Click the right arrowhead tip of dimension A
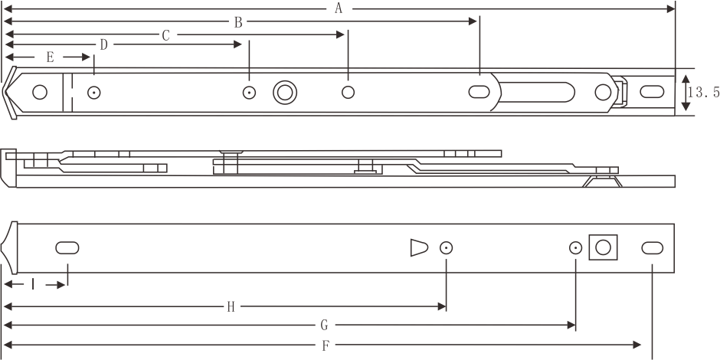click(x=674, y=8)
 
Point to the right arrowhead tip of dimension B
click(x=476, y=21)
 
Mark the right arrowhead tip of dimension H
click(x=446, y=306)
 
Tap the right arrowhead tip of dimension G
click(x=575, y=325)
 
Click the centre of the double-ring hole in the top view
click(x=285, y=92)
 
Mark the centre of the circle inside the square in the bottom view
click(x=603, y=247)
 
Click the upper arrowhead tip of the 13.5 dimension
click(x=686, y=75)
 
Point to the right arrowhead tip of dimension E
click(x=90, y=57)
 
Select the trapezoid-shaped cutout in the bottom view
click(x=419, y=247)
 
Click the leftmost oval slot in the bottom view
click(x=67, y=248)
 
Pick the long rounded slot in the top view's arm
click(x=537, y=92)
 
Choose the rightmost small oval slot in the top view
click(x=652, y=91)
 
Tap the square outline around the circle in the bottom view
click(x=603, y=247)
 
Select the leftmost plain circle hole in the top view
click(x=40, y=92)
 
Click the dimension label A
click(x=339, y=8)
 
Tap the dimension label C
click(x=166, y=35)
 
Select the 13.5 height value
click(x=704, y=92)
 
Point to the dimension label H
click(x=231, y=307)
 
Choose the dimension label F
click(x=326, y=345)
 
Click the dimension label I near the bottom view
click(x=33, y=284)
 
